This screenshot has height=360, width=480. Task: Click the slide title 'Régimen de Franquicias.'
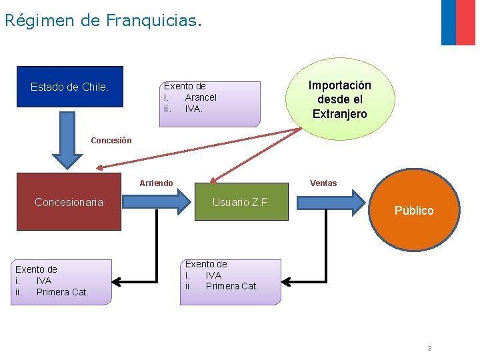tap(102, 20)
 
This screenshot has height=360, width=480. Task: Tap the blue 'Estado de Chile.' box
tap(70, 87)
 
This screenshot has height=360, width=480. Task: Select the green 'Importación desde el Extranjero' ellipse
tap(339, 99)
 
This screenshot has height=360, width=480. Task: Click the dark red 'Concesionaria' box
tap(69, 202)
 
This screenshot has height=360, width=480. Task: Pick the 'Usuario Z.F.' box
tap(241, 202)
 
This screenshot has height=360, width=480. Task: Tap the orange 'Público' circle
tap(414, 210)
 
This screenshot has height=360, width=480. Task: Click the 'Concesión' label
tap(111, 141)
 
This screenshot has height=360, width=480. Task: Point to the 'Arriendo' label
tap(156, 183)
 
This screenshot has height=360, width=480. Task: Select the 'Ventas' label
tap(323, 183)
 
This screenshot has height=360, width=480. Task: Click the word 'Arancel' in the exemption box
tap(201, 97)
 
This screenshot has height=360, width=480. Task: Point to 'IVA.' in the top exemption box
tap(194, 109)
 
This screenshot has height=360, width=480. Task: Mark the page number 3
tap(429, 348)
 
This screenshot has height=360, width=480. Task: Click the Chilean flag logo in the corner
tap(458, 23)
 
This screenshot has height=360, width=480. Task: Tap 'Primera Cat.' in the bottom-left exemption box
tap(63, 292)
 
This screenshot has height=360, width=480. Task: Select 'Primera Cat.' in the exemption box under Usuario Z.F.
tap(232, 286)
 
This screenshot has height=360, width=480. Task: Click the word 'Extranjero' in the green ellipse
tap(339, 114)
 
